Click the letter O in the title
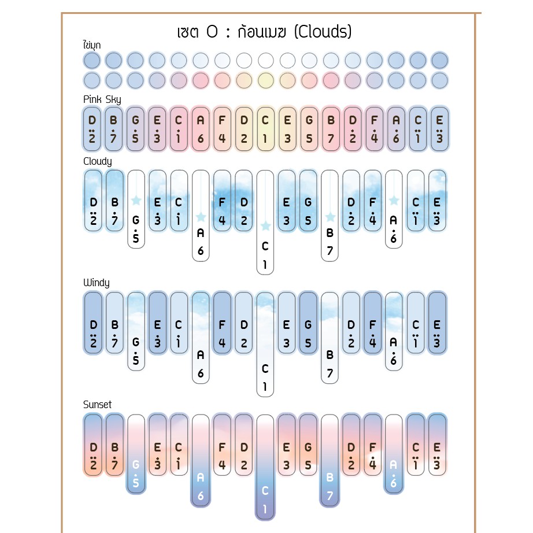click(x=212, y=31)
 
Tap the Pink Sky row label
click(x=102, y=99)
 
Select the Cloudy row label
click(x=97, y=161)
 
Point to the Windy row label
click(x=96, y=283)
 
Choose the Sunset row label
click(x=97, y=405)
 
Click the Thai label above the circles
click(x=91, y=45)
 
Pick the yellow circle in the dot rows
click(x=265, y=80)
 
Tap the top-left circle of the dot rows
click(x=92, y=60)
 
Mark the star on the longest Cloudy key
click(x=265, y=225)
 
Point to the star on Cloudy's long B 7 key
click(x=330, y=217)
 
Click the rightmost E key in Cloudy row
click(x=438, y=201)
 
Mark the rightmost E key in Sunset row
click(x=438, y=445)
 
